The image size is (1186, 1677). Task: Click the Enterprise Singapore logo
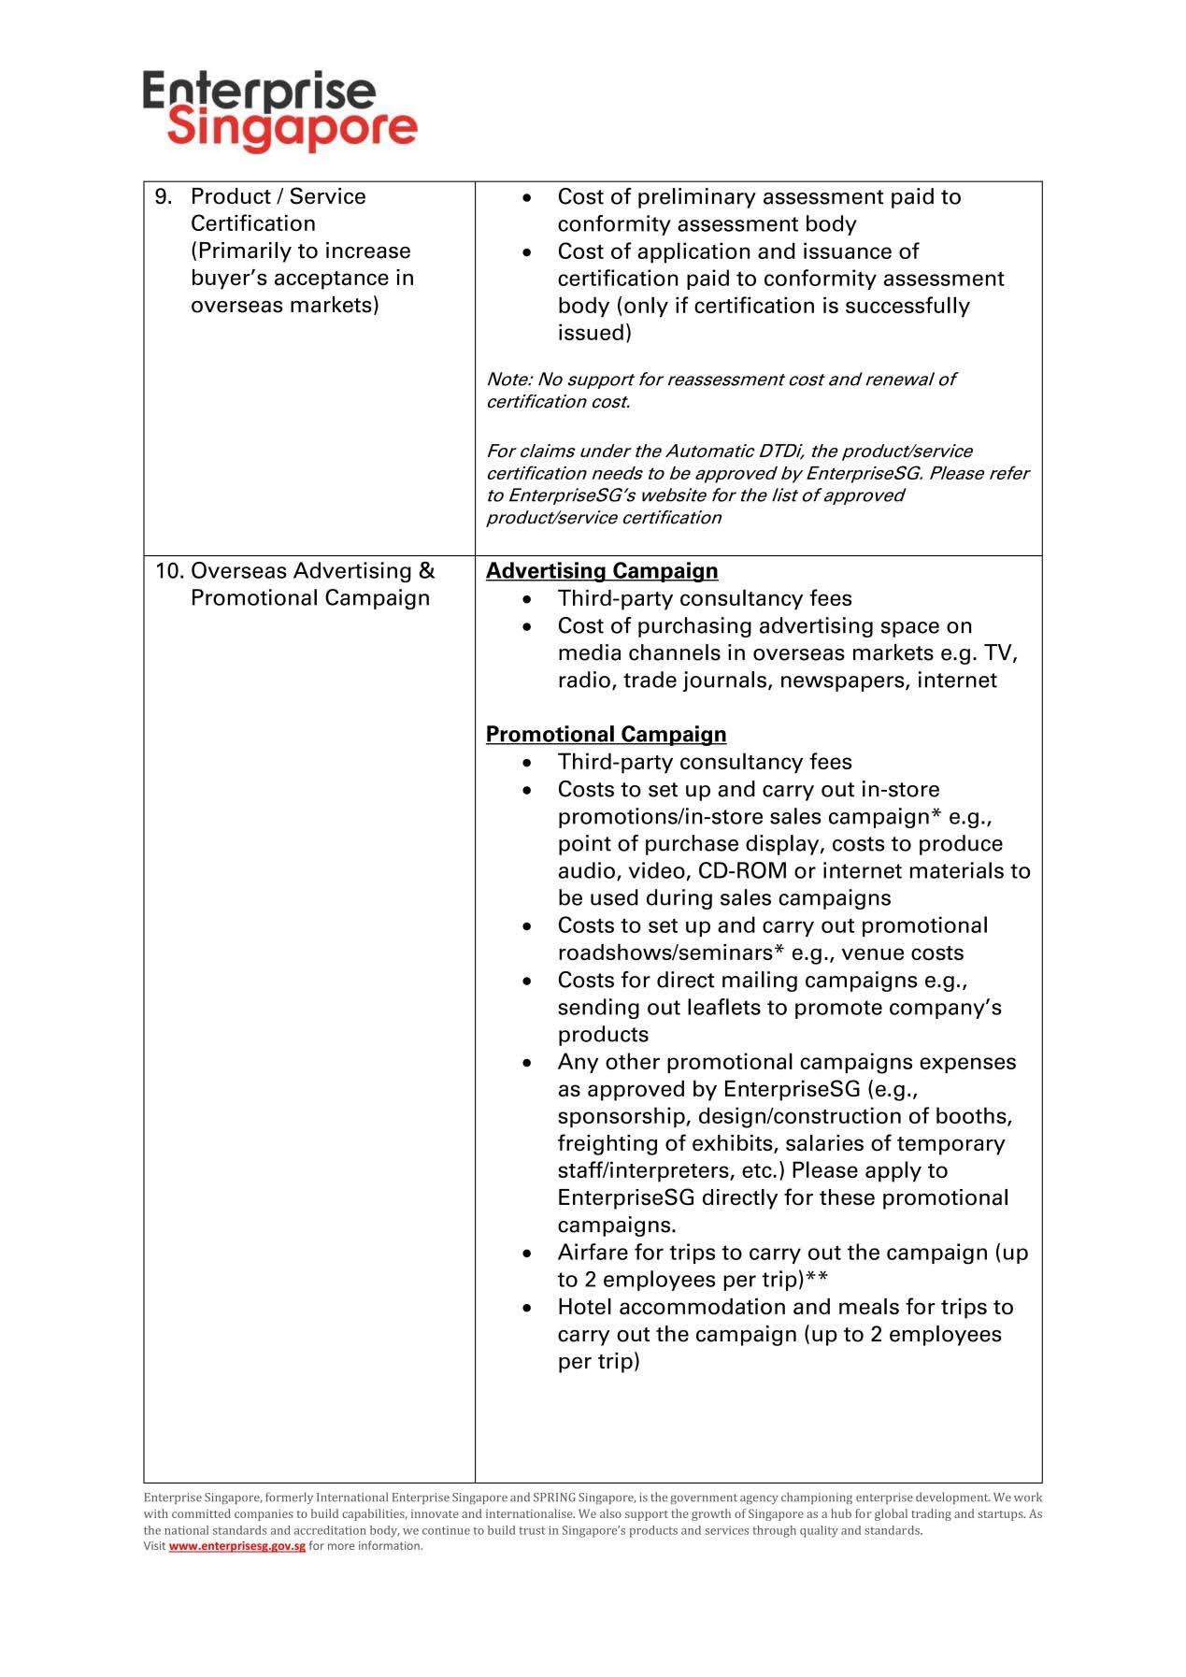click(x=279, y=111)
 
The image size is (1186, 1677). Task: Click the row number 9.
click(x=164, y=196)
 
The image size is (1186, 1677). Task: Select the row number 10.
click(x=168, y=571)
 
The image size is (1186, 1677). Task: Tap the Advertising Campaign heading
click(x=602, y=571)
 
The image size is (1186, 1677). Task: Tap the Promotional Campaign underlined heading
click(x=606, y=735)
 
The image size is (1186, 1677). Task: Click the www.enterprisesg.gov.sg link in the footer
click(x=237, y=1546)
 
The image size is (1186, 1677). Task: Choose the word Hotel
click(x=585, y=1307)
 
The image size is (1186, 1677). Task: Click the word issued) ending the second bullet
click(x=594, y=334)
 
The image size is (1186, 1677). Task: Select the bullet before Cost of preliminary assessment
click(x=528, y=198)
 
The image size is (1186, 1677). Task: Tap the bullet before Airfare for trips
click(x=528, y=1254)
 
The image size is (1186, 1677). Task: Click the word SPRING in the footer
click(x=552, y=1498)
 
